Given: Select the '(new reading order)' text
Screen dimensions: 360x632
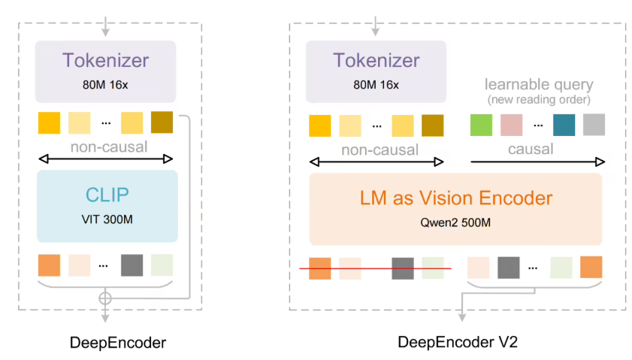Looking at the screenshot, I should [x=539, y=99].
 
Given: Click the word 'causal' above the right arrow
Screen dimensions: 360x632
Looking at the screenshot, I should [x=531, y=149].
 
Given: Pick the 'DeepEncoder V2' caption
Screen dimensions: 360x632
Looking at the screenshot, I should [x=458, y=343].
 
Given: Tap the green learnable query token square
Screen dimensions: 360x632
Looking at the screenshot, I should [x=481, y=125].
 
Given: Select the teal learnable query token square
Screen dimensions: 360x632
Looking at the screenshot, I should [x=564, y=125].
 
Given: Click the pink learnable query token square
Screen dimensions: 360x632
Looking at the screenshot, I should [x=511, y=125].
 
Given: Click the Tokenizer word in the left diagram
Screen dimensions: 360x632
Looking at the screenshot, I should [x=105, y=60].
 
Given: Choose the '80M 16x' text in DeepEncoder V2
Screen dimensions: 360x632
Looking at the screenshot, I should [x=376, y=84].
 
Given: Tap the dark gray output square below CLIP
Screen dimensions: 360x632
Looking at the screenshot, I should [x=132, y=265].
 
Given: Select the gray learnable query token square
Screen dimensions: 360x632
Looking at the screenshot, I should [x=594, y=125].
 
